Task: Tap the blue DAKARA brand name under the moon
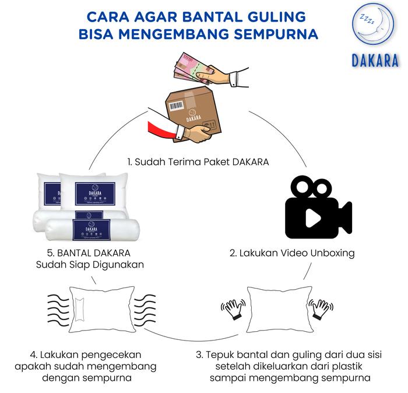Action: (375, 61)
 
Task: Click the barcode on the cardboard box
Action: (176, 106)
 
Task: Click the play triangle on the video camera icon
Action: (312, 218)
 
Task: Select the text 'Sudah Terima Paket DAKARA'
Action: (202, 162)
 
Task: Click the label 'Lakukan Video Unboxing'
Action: (297, 253)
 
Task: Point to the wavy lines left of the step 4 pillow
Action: (58, 310)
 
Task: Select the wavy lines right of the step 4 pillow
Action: (145, 310)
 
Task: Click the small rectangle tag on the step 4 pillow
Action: (79, 310)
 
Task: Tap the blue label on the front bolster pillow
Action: (92, 230)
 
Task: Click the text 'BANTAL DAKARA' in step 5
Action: (94, 253)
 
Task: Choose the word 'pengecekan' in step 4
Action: (111, 355)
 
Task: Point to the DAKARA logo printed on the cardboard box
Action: (194, 116)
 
